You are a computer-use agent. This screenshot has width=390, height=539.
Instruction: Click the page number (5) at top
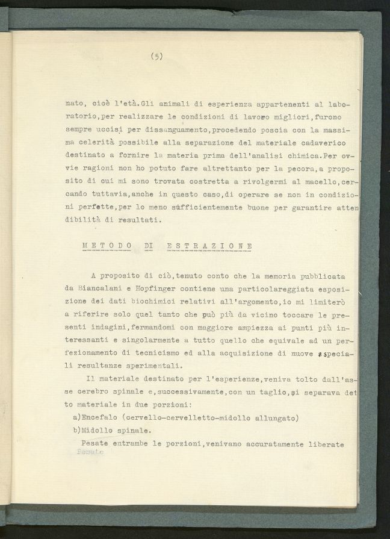pos(157,57)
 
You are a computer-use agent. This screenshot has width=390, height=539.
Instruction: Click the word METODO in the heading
pos(107,246)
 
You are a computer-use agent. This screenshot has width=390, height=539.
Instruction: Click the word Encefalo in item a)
pos(102,417)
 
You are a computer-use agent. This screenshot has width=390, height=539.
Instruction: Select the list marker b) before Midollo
pos(76,431)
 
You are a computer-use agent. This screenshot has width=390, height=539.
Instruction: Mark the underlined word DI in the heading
pos(149,246)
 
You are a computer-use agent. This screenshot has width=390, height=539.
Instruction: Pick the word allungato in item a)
pos(278,417)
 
